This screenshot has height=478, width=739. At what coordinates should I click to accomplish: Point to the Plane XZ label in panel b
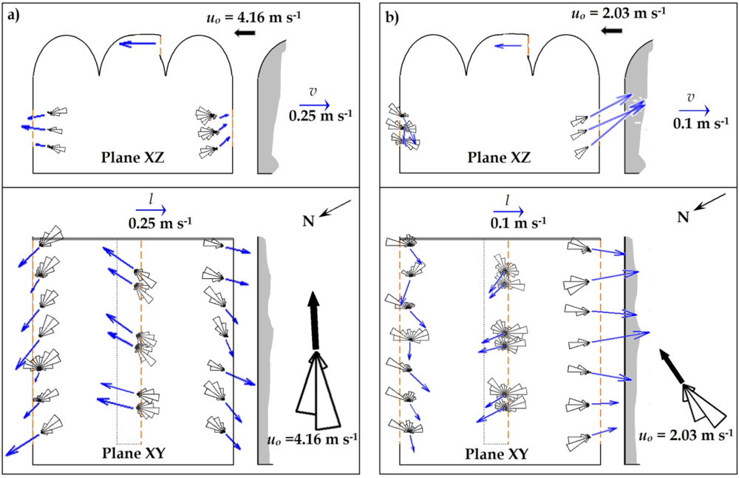[x=502, y=157]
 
